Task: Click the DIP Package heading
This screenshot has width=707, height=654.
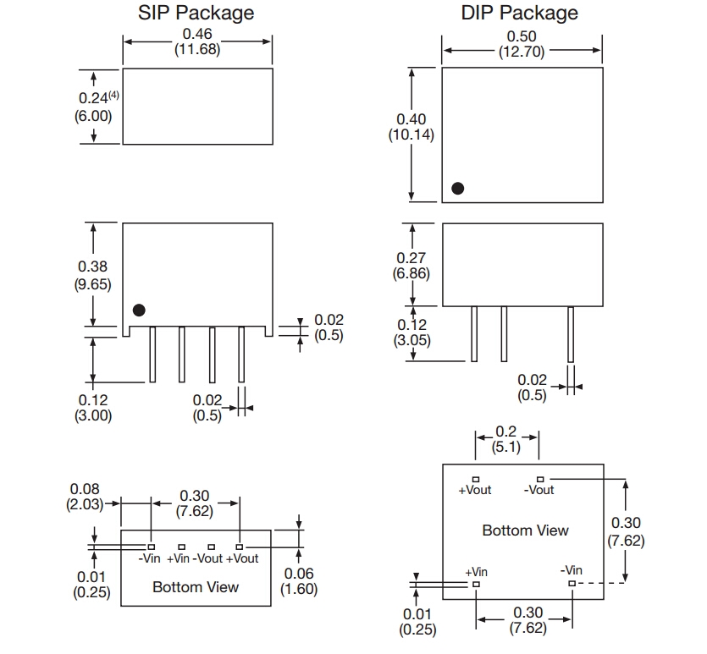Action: (520, 13)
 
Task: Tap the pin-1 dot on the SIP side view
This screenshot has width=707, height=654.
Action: (140, 311)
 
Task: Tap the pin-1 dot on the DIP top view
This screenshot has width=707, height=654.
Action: (458, 189)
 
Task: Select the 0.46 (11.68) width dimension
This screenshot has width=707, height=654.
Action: (197, 41)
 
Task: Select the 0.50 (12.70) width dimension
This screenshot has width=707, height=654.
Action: (522, 43)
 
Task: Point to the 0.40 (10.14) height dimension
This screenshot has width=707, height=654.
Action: (411, 127)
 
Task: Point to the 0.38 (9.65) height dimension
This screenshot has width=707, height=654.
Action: (92, 276)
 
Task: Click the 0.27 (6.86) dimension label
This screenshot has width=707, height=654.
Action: (411, 266)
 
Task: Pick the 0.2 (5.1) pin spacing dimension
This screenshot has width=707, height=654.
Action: (506, 440)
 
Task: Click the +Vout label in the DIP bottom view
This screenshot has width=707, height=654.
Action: (474, 490)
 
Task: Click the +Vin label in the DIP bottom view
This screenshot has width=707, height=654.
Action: (476, 572)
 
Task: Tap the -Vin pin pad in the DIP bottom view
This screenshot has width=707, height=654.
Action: (572, 583)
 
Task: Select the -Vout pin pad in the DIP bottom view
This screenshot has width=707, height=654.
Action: (539, 480)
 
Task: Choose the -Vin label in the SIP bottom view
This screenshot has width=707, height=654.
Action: (150, 558)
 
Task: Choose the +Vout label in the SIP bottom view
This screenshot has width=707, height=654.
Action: (242, 558)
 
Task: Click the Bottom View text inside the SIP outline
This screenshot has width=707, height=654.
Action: (196, 586)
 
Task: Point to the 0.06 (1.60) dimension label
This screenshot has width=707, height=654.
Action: (299, 581)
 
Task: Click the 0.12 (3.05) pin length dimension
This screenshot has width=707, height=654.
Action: (411, 332)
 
